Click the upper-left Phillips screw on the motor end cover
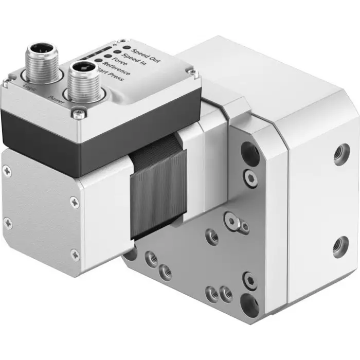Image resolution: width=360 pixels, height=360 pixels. point(6,168)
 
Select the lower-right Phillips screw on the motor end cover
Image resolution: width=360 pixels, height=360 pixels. point(75,253)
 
